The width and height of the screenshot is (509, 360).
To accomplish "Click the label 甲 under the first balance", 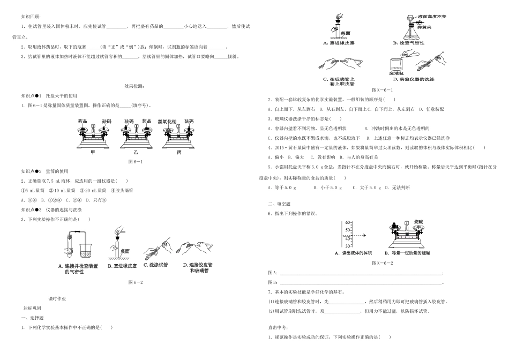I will (x=93, y=152).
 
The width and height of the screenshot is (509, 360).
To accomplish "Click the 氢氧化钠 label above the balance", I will (x=167, y=122).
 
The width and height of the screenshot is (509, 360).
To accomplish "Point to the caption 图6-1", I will (x=135, y=161).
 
